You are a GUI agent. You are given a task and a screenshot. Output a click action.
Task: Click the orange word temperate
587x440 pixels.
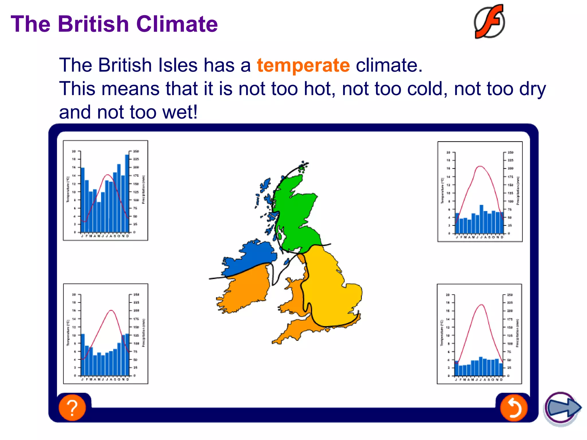(x=303, y=65)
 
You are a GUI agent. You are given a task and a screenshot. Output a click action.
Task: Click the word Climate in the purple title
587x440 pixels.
(x=177, y=24)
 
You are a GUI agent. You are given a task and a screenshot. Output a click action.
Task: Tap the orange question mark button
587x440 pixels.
(x=72, y=407)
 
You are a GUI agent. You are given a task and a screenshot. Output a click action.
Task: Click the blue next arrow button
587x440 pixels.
(x=562, y=408)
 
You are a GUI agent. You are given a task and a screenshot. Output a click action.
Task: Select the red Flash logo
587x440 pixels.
(x=490, y=22)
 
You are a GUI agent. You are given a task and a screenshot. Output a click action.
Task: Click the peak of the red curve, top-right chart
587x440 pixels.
(x=480, y=166)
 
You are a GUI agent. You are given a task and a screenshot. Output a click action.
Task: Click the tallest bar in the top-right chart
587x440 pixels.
(x=482, y=219)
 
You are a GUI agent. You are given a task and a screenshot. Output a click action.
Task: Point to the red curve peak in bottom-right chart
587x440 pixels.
(x=482, y=305)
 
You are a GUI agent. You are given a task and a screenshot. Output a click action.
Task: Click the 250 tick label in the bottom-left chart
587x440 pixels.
(x=136, y=294)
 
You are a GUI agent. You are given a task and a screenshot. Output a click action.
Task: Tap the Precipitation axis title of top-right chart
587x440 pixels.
(x=518, y=190)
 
